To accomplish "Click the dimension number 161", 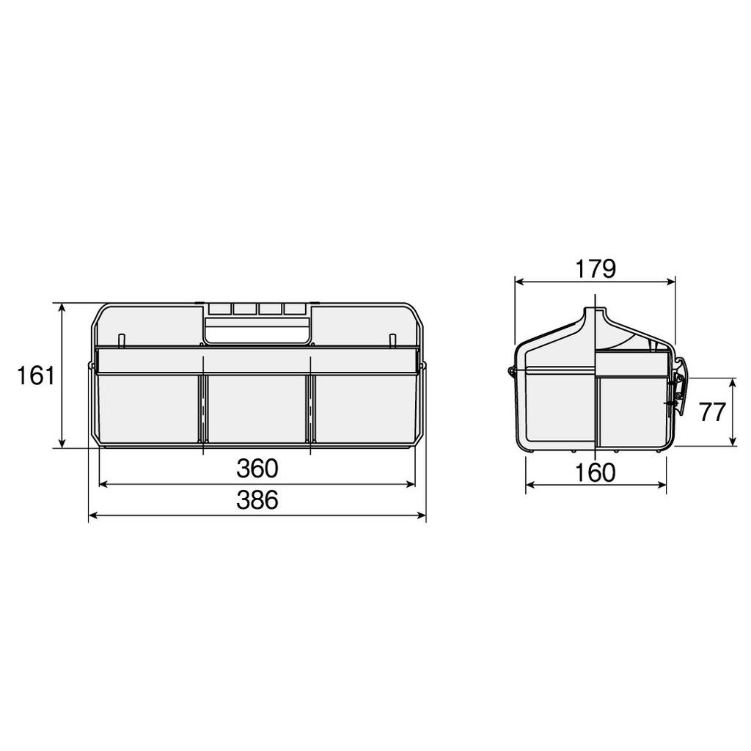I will tap(36, 376).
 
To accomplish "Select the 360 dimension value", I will tap(257, 467).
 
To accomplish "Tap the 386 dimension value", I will tap(257, 500).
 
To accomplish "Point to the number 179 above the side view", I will tap(595, 269).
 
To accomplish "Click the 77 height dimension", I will tap(711, 412).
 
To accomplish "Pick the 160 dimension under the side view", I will tap(596, 473).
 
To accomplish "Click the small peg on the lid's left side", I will tap(122, 340).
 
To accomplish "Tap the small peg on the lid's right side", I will tap(392, 340).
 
